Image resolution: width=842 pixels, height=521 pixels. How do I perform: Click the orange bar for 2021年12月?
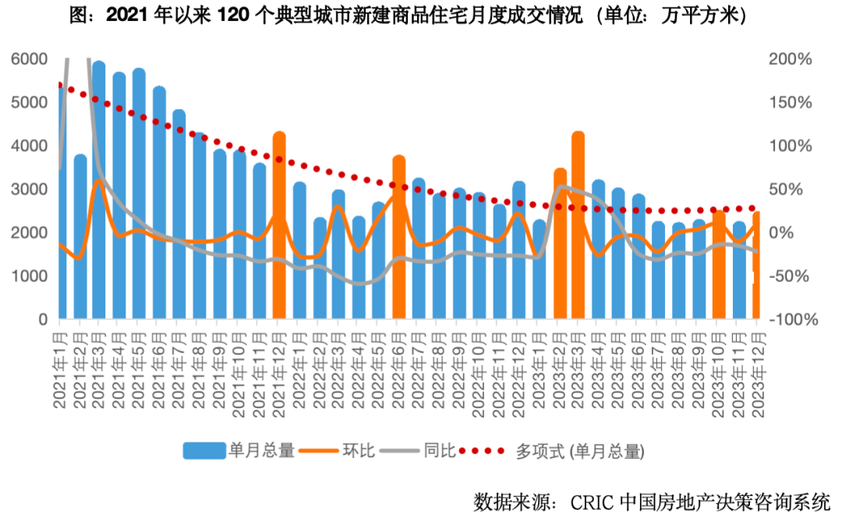coord(279,226)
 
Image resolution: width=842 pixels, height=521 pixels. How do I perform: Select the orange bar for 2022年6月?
coord(399,237)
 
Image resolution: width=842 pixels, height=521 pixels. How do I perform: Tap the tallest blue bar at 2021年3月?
coord(99,190)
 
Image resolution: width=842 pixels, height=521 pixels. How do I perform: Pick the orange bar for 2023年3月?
coord(578,226)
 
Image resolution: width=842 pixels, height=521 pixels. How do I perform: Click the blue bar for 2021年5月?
coord(139,194)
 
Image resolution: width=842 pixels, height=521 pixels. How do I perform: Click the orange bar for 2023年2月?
coord(559,244)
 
